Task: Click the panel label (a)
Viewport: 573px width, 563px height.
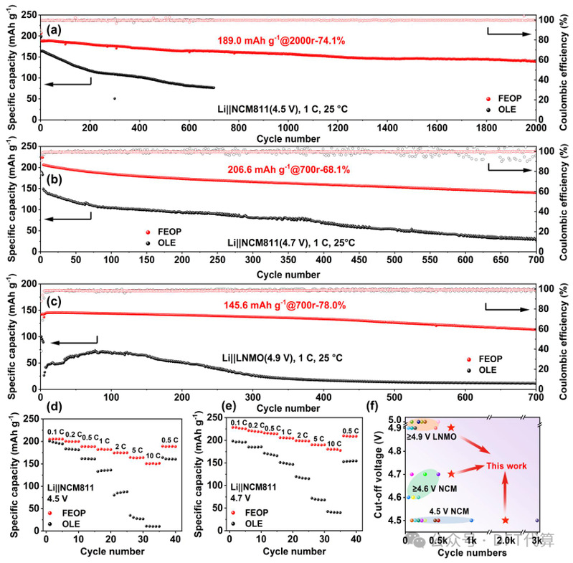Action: coord(52,30)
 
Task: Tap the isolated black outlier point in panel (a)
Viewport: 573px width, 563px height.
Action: coord(115,98)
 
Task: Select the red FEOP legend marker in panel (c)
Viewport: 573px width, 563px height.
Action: coord(469,359)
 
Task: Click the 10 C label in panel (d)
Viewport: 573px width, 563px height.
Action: coord(153,455)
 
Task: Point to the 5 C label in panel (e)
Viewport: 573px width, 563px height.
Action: coord(317,437)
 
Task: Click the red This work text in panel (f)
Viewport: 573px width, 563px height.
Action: coord(506,465)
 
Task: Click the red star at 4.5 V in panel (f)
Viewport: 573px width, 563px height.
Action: coord(506,520)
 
